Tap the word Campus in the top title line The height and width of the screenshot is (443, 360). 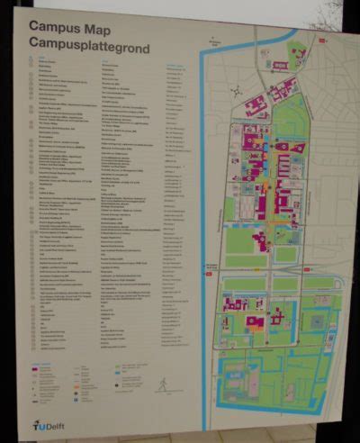click(49, 26)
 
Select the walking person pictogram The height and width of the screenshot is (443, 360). click(161, 384)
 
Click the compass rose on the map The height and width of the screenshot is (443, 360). click(236, 93)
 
